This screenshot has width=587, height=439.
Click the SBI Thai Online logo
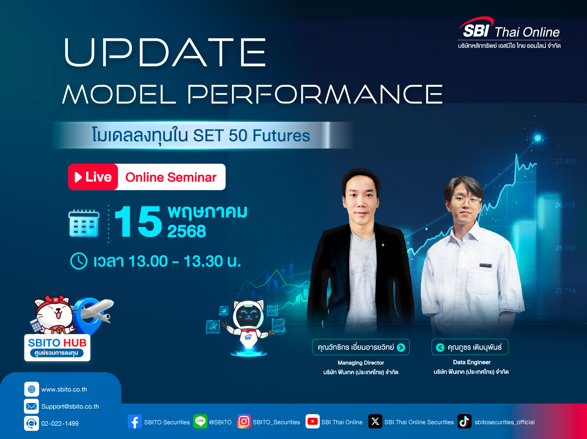[509, 33]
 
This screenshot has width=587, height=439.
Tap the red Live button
[93, 177]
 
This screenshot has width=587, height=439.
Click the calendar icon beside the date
[84, 223]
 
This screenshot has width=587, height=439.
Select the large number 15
[138, 221]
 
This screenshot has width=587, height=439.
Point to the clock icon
[79, 261]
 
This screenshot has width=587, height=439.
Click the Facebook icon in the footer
[135, 421]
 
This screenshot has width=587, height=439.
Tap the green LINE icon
[200, 421]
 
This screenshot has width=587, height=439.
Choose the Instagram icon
[244, 421]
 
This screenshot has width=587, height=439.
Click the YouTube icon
[312, 421]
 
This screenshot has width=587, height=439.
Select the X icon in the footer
[375, 421]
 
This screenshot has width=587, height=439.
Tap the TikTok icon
[464, 421]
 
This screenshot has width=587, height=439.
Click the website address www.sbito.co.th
[64, 389]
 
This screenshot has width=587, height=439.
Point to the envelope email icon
[32, 406]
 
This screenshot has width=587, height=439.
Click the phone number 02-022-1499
[60, 423]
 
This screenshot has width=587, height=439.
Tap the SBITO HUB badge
[57, 347]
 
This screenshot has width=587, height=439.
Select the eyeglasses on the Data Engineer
[466, 201]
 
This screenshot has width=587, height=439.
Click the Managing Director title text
[361, 363]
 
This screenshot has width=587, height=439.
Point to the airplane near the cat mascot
[96, 309]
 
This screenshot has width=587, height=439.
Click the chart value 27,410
[565, 162]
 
